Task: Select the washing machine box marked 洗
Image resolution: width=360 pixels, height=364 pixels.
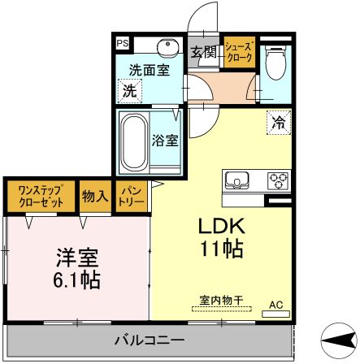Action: click(129, 91)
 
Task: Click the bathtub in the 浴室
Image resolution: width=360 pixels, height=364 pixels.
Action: click(132, 141)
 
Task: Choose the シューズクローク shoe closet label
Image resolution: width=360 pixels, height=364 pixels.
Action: click(238, 51)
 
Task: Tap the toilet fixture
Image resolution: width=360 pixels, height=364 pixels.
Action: click(275, 60)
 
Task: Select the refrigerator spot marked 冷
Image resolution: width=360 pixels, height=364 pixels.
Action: click(278, 123)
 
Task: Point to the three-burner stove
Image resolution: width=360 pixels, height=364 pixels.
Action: click(277, 180)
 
